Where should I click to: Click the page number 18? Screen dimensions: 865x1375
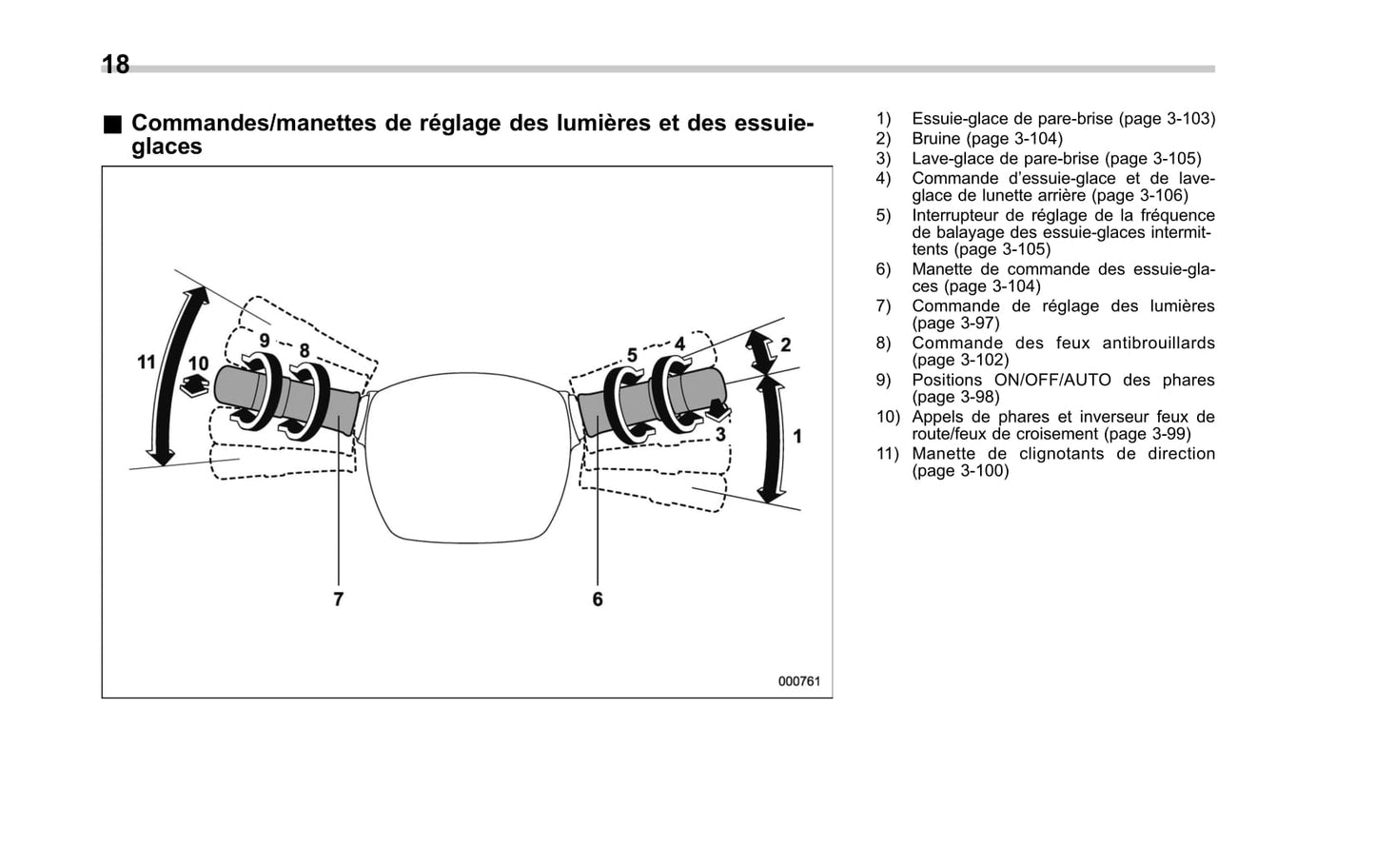(115, 65)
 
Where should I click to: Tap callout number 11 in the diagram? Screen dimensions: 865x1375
(146, 363)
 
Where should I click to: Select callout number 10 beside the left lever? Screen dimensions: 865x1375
(198, 364)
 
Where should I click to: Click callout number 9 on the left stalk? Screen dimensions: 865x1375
(265, 340)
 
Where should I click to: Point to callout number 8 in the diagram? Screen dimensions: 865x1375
(304, 351)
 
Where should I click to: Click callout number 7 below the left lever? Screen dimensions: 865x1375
(338, 599)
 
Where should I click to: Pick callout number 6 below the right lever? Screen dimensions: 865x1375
(598, 599)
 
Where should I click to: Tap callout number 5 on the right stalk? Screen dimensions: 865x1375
(632, 355)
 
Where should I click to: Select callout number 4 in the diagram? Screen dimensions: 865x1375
(679, 344)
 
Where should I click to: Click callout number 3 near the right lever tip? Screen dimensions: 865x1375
(720, 434)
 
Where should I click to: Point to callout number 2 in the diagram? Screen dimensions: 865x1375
(785, 344)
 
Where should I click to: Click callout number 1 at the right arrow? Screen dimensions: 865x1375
(797, 436)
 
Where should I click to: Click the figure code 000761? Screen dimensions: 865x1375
(798, 681)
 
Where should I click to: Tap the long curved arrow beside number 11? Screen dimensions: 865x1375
(178, 376)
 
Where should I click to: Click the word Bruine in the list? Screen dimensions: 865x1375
(936, 139)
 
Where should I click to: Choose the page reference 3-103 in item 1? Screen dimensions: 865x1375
(1190, 119)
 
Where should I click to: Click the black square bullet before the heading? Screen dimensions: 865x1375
(113, 124)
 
